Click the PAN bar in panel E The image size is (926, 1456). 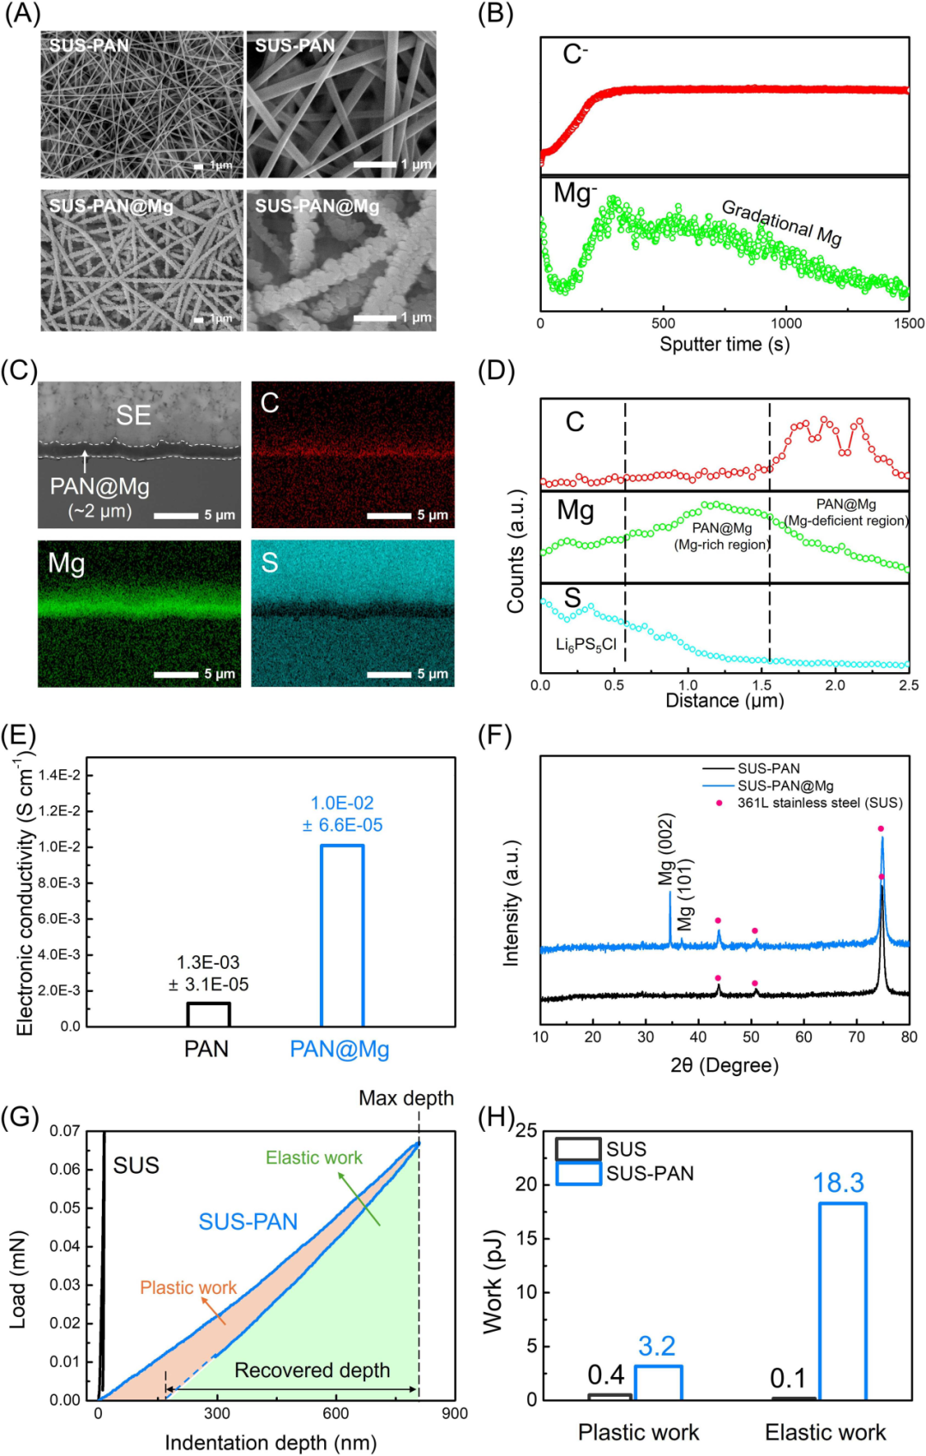(208, 1014)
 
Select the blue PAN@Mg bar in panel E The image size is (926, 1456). (342, 936)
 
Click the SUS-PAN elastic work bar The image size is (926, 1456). (842, 1302)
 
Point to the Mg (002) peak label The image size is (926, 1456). (667, 850)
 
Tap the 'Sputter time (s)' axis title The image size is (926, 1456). (725, 344)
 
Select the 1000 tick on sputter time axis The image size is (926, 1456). (785, 323)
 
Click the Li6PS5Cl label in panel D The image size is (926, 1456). (586, 645)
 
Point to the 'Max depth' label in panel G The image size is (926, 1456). (406, 1098)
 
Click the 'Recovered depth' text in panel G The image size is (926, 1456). (313, 1369)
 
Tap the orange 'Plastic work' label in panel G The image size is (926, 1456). (189, 1288)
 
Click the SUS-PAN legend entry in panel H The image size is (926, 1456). (625, 1173)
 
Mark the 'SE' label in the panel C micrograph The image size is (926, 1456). (133, 415)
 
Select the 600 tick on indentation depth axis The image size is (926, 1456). (336, 1413)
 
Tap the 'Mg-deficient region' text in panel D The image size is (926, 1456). (845, 520)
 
